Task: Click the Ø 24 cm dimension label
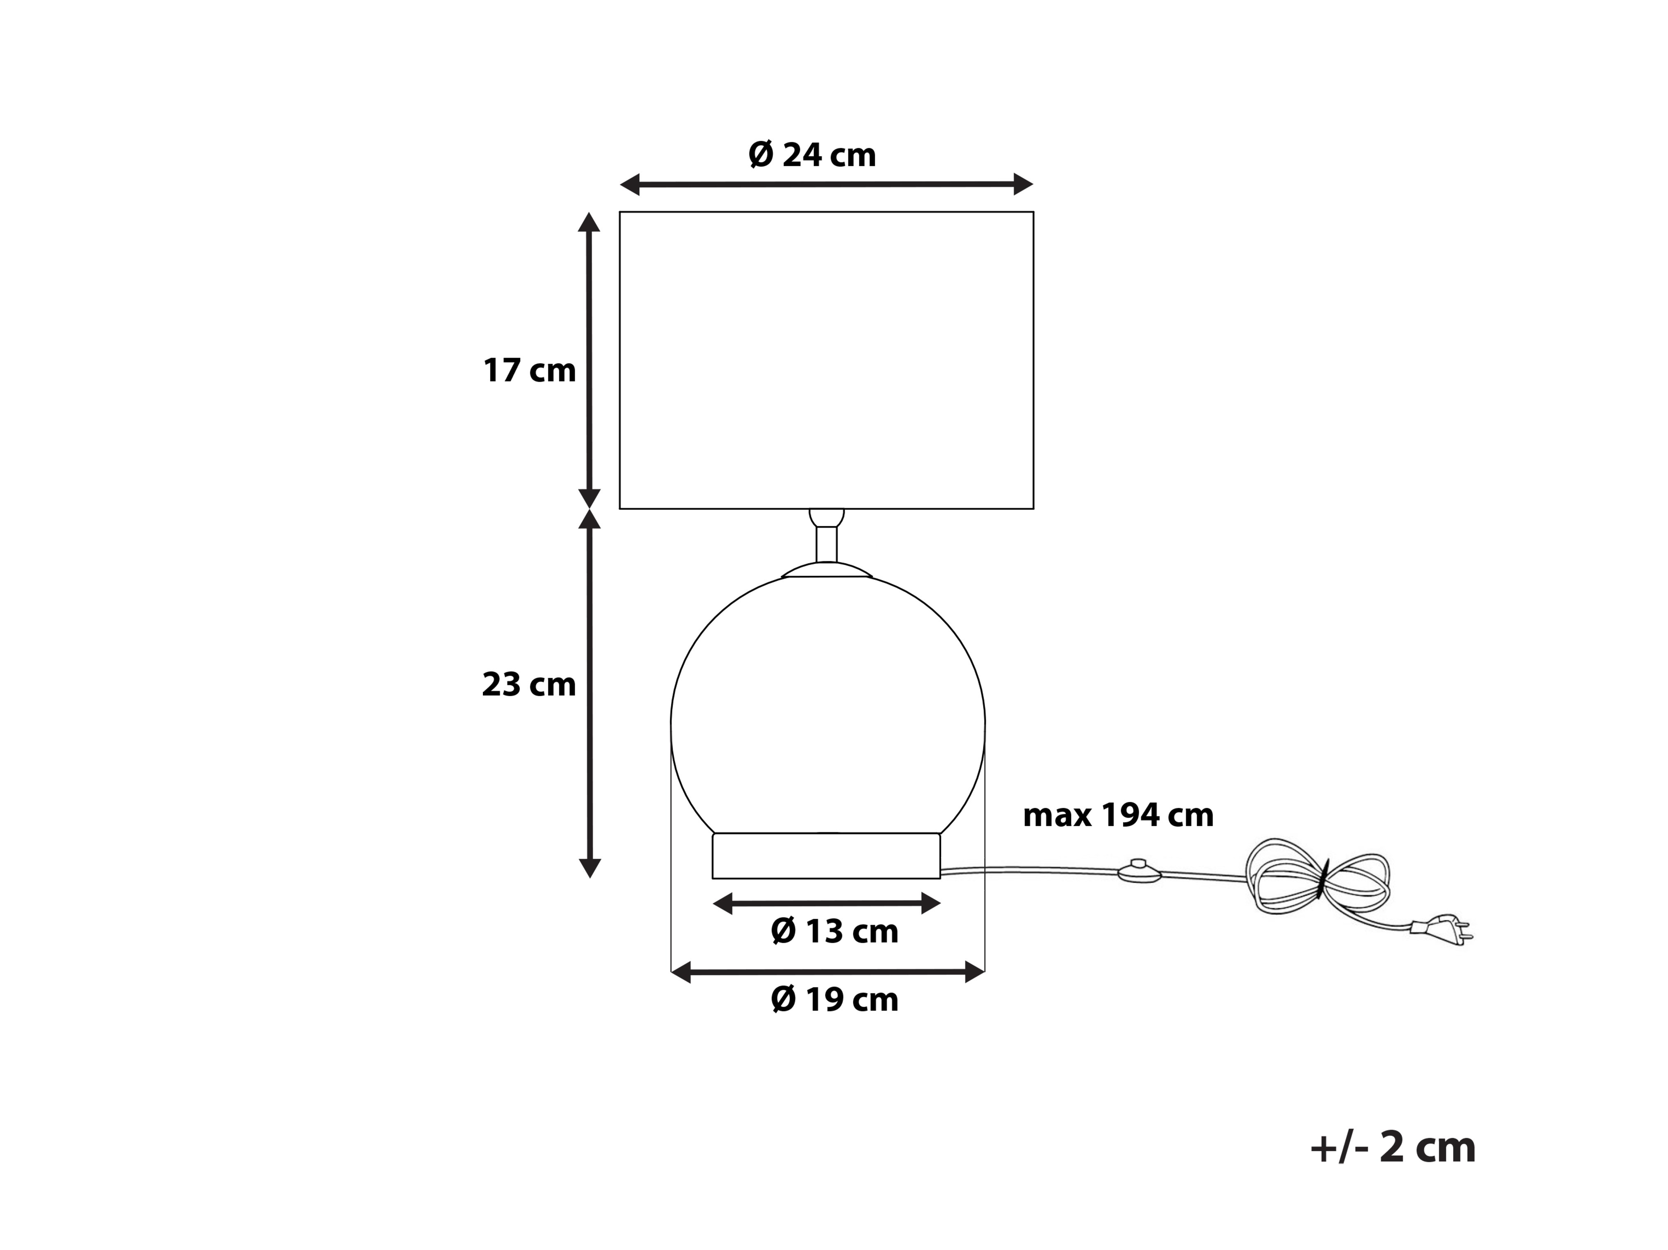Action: [x=812, y=155]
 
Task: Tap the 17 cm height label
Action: [x=529, y=371]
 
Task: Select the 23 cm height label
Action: [x=529, y=685]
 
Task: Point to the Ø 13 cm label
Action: [x=835, y=932]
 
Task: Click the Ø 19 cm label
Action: [x=835, y=1000]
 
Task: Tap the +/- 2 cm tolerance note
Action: [x=1393, y=1148]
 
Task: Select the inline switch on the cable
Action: [x=1139, y=871]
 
